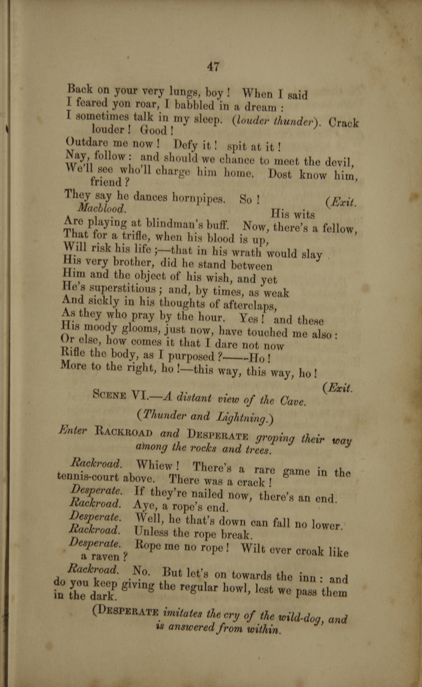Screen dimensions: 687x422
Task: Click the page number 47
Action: coord(213,66)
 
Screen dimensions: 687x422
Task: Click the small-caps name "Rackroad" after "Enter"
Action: coord(124,432)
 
